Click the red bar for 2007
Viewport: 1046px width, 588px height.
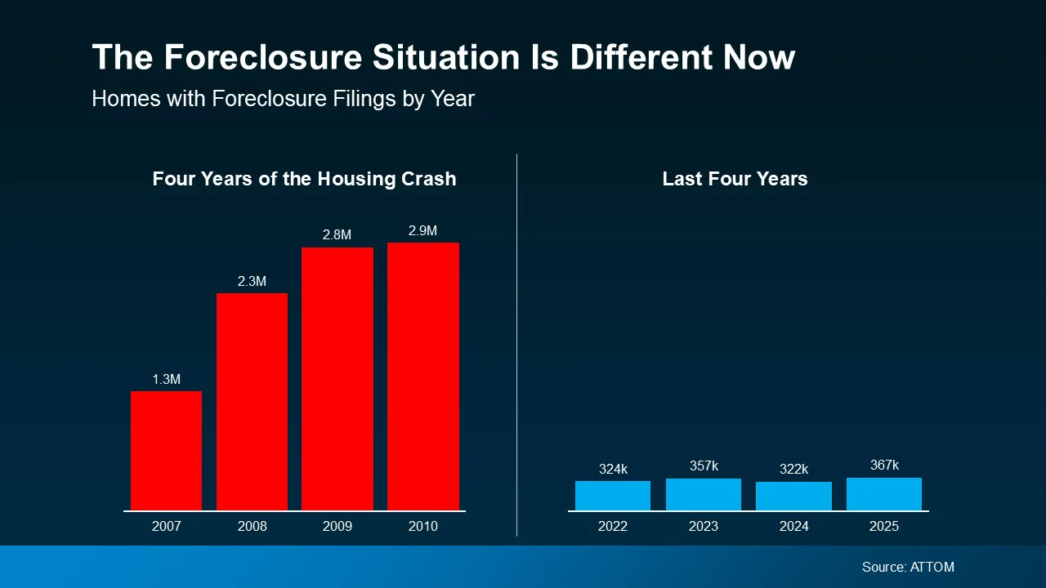[166, 451]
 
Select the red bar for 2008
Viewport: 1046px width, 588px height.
[252, 402]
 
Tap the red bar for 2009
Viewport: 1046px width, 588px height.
[337, 379]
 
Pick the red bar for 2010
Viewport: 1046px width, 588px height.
[422, 376]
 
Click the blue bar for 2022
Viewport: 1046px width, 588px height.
[613, 496]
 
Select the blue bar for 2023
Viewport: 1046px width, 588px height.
[703, 495]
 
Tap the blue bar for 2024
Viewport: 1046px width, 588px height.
[793, 497]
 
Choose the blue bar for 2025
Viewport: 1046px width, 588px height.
[884, 494]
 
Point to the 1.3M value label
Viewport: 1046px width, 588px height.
[166, 380]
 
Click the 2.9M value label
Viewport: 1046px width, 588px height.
[422, 231]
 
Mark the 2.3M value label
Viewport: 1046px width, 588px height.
[252, 282]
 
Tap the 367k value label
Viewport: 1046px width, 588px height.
[884, 465]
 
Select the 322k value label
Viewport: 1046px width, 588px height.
[793, 470]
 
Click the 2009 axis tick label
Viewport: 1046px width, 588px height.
[337, 527]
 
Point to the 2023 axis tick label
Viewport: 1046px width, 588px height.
[703, 527]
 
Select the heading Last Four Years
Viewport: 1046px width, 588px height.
[735, 180]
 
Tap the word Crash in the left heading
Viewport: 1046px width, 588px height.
[428, 180]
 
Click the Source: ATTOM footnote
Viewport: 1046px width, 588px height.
[908, 567]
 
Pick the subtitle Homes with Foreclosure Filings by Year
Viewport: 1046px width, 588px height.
[283, 99]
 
